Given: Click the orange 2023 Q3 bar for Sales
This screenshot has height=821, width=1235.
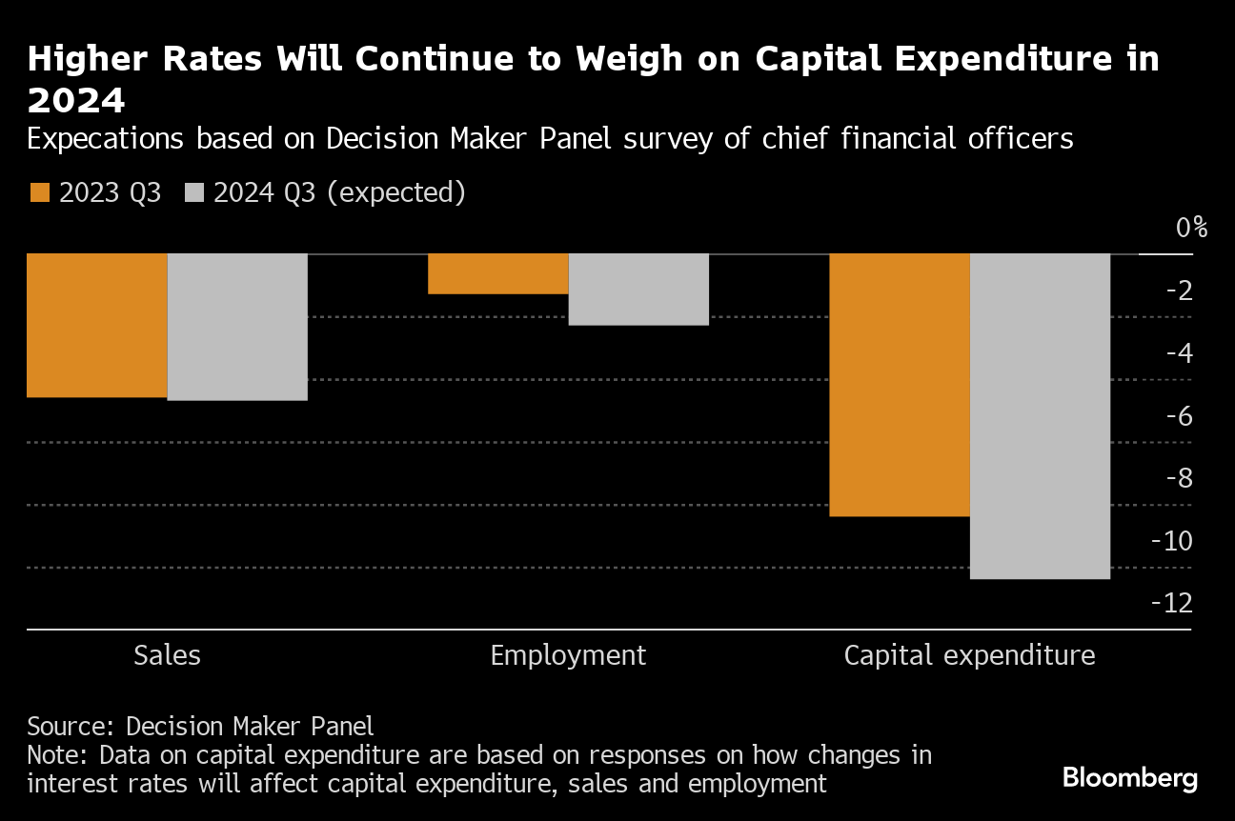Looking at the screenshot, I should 97,325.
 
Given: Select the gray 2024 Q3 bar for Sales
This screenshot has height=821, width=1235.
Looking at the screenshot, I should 237,327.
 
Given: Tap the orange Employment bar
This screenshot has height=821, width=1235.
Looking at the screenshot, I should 497,273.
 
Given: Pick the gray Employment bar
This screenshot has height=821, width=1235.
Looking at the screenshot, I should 638,290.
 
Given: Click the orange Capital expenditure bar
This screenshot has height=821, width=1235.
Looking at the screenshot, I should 900,385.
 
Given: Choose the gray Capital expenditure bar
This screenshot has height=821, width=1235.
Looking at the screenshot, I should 1040,416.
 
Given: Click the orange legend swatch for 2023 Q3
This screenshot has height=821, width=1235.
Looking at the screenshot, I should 39,192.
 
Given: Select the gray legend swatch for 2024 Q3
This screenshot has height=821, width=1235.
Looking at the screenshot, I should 194,192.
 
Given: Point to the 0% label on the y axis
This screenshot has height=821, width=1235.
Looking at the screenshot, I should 1191,228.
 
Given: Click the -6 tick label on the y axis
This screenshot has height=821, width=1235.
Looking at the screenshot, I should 1180,415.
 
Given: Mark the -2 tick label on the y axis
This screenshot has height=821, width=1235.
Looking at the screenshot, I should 1180,290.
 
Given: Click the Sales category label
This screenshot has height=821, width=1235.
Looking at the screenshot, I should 168,655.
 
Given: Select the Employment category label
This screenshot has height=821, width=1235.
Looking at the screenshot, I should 568,655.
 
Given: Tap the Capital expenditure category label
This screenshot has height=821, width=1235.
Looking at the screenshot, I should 970,655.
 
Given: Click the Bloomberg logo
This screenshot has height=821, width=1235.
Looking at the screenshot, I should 1130,777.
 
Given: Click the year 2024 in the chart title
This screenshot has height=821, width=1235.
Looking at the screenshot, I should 76,99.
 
